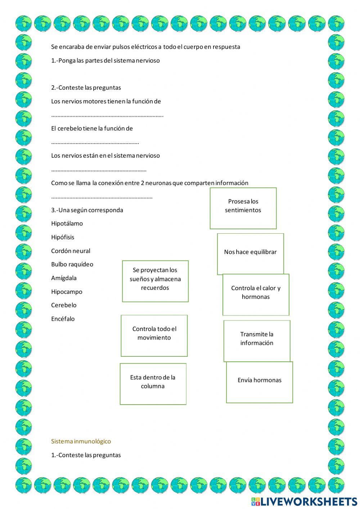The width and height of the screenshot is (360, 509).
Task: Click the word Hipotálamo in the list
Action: tap(67, 224)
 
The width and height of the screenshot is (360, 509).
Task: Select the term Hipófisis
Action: tap(63, 237)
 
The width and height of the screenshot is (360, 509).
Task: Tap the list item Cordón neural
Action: tap(71, 251)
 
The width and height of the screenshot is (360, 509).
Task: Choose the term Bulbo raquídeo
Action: tap(72, 264)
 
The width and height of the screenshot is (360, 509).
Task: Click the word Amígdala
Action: tap(64, 278)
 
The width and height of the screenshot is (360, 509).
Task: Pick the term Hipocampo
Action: tap(67, 292)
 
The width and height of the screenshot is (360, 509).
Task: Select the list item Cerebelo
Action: tap(64, 305)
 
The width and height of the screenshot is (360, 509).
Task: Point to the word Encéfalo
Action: tap(63, 319)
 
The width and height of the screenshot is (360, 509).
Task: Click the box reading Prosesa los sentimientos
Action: tap(243, 208)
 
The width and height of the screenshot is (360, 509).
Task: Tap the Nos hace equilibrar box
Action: tap(250, 254)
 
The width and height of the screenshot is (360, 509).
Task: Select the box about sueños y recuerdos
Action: tap(155, 281)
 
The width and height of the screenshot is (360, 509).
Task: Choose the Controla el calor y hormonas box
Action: tap(256, 294)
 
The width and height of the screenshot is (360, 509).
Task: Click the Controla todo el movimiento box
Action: tap(154, 335)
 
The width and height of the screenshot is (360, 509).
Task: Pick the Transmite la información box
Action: tap(257, 341)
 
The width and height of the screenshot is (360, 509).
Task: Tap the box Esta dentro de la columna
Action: tap(153, 384)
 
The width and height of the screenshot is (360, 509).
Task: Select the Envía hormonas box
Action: tap(259, 382)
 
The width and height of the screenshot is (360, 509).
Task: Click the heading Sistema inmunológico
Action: tap(81, 441)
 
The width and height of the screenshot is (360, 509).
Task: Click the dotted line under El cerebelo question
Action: tap(95, 143)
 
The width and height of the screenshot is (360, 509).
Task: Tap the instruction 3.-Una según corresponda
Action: tap(87, 210)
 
